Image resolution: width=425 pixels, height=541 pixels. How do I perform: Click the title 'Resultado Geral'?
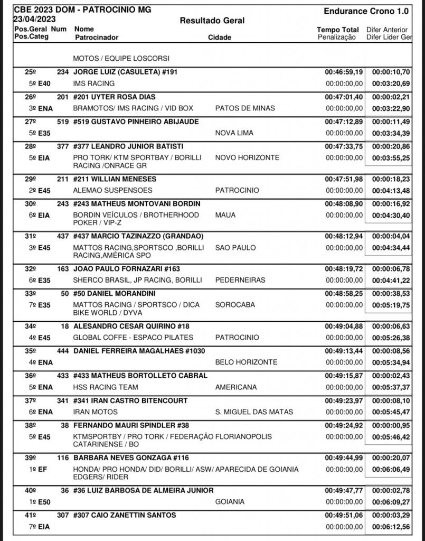click(x=212, y=21)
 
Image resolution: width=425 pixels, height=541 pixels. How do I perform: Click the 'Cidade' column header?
click(x=220, y=38)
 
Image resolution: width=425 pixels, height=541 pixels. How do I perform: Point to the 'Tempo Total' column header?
click(x=338, y=30)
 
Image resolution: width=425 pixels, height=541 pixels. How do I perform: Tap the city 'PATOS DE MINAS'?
click(x=245, y=108)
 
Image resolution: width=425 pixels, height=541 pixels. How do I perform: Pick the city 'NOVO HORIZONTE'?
click(x=248, y=157)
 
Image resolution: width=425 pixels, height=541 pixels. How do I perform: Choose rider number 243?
click(x=63, y=203)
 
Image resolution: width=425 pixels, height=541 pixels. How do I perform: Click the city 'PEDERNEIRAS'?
click(x=241, y=280)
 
